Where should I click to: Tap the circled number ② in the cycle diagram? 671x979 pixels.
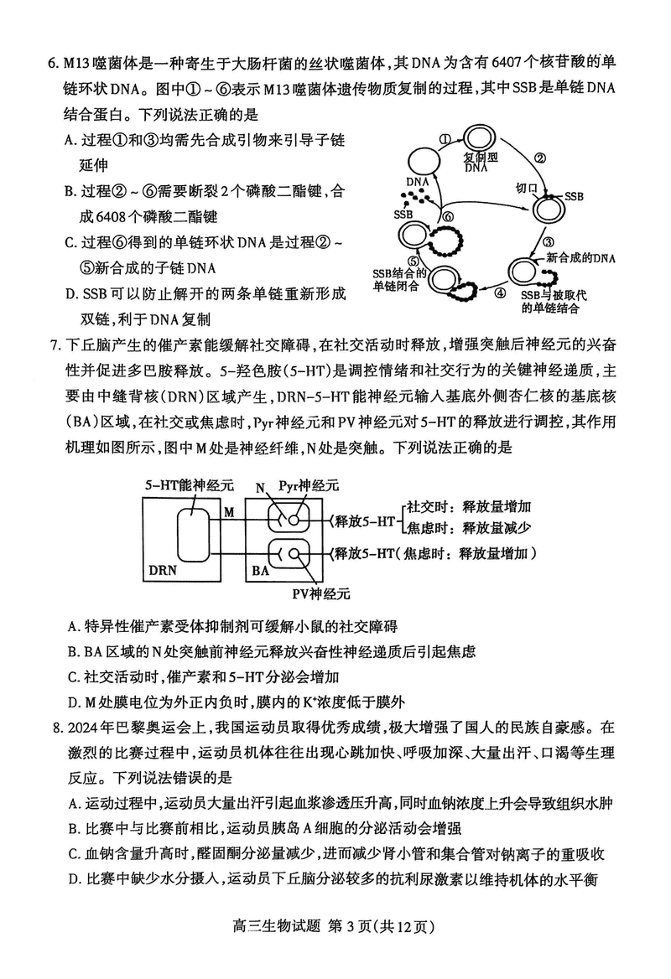541,158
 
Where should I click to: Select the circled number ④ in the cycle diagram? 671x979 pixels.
500,293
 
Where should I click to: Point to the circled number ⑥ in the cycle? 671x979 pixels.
448,216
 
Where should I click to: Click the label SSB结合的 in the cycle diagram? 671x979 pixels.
399,273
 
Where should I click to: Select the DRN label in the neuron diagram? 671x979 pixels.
163,569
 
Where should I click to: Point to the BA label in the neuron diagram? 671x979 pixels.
260,569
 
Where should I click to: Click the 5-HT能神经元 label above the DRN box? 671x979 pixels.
179,484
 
